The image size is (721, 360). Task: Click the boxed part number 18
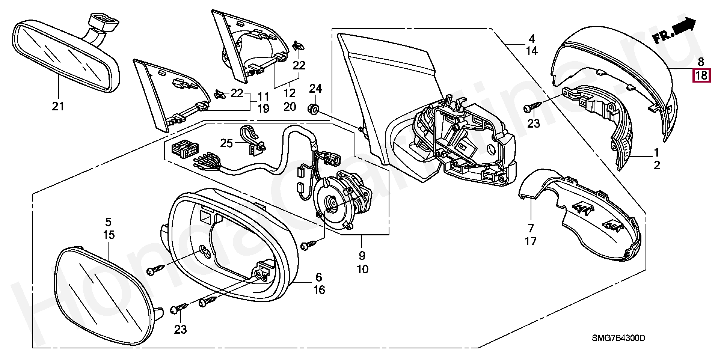click(x=701, y=76)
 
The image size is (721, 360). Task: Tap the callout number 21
click(x=58, y=107)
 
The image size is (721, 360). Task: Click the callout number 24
click(x=315, y=89)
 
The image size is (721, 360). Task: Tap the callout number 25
click(x=227, y=143)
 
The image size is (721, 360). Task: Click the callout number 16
click(x=319, y=290)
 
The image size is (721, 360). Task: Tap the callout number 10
click(x=363, y=269)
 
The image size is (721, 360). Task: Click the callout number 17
click(x=531, y=241)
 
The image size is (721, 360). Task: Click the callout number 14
click(x=532, y=51)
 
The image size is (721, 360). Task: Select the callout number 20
click(x=290, y=107)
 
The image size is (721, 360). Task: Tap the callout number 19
click(x=263, y=109)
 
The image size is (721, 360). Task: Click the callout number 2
click(x=657, y=165)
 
